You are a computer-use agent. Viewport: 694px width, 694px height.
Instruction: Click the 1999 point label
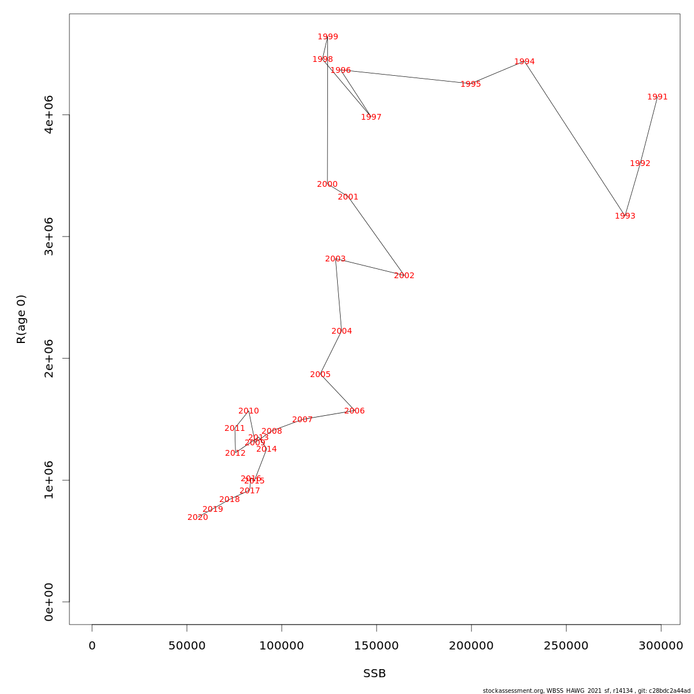pyautogui.click(x=327, y=37)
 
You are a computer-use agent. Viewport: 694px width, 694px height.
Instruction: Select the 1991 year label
pyautogui.click(x=657, y=97)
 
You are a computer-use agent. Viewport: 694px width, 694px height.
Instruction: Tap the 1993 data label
pyautogui.click(x=625, y=216)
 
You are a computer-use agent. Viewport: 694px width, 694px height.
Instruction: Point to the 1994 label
pyautogui.click(x=524, y=62)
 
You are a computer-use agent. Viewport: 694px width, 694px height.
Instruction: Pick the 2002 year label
pyautogui.click(x=404, y=276)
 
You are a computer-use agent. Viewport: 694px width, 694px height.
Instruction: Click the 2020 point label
pyautogui.click(x=197, y=518)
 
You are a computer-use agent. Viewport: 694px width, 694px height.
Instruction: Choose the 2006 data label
pyautogui.click(x=354, y=411)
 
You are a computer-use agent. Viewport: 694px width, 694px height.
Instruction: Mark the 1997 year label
pyautogui.click(x=371, y=117)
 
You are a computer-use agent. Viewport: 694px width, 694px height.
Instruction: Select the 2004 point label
pyautogui.click(x=341, y=331)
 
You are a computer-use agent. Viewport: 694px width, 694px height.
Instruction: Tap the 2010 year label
pyautogui.click(x=248, y=411)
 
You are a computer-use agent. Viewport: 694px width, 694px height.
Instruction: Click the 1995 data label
pyautogui.click(x=470, y=84)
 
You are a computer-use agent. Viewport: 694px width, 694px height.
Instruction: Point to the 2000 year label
pyautogui.click(x=327, y=184)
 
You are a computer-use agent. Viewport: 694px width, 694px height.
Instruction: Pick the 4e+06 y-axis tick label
pyautogui.click(x=49, y=115)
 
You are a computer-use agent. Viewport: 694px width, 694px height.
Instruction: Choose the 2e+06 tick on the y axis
pyautogui.click(x=49, y=358)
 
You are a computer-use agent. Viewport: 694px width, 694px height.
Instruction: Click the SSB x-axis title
pyautogui.click(x=374, y=674)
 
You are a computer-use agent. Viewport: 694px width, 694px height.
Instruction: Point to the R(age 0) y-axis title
pyautogui.click(x=21, y=319)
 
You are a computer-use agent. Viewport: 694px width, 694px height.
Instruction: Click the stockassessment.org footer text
pyautogui.click(x=586, y=691)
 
